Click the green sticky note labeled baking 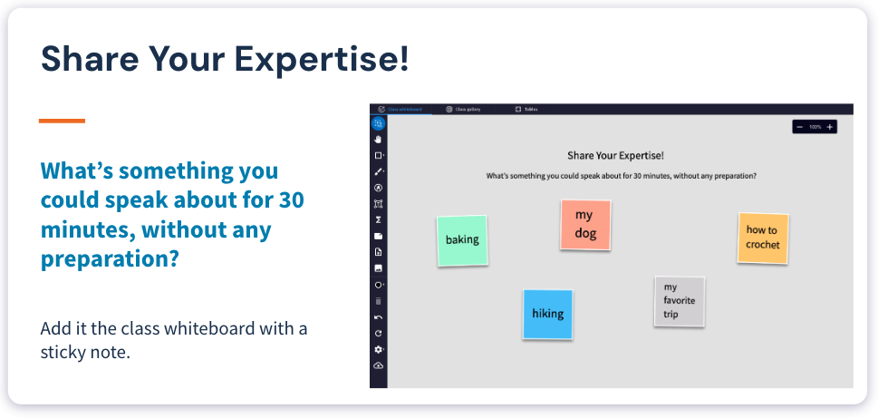[462, 240]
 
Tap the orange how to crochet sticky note [762, 238]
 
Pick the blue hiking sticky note [547, 314]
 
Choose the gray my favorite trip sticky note [680, 301]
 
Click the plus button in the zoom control [830, 127]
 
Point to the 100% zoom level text [815, 127]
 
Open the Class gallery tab [463, 109]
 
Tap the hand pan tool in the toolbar [379, 140]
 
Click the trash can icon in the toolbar [379, 301]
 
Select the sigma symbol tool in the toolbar [379, 219]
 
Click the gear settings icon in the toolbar [379, 349]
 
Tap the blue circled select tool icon [379, 123]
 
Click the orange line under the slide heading [63, 121]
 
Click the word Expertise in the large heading [320, 58]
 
